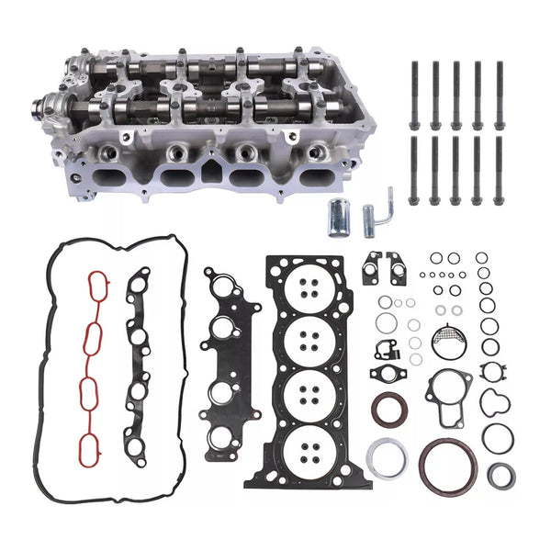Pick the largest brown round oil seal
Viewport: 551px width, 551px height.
tap(448, 464)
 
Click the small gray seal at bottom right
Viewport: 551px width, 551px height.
tap(500, 476)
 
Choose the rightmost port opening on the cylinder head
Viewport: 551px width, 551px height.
tap(315, 177)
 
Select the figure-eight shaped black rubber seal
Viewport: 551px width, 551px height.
tap(497, 404)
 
